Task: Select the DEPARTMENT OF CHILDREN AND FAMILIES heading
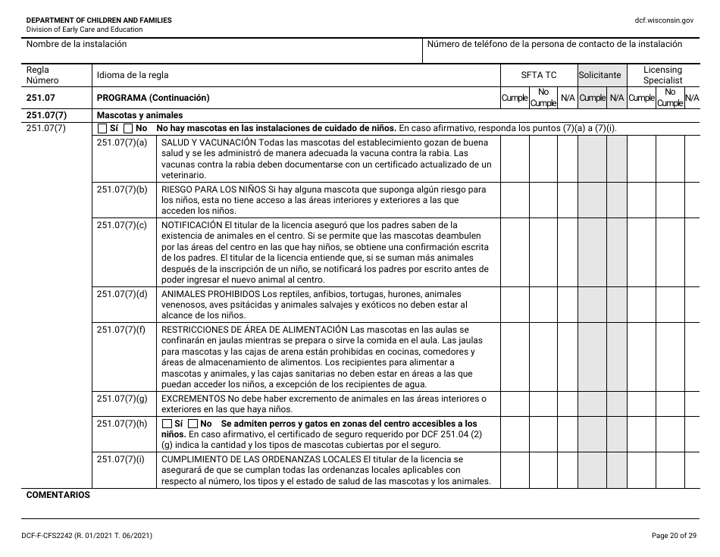[99, 20]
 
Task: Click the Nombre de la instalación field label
[77, 44]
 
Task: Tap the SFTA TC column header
[538, 75]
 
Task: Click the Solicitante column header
[599, 75]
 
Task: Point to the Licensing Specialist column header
[662, 75]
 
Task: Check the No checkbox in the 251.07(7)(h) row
[193, 424]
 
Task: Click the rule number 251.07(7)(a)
[122, 142]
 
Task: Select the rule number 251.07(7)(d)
[122, 294]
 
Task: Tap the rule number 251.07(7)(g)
[122, 398]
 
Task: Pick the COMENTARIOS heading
[58, 495]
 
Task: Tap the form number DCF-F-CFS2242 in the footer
[52, 536]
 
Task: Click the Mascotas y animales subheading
[139, 115]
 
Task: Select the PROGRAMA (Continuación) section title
[153, 98]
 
